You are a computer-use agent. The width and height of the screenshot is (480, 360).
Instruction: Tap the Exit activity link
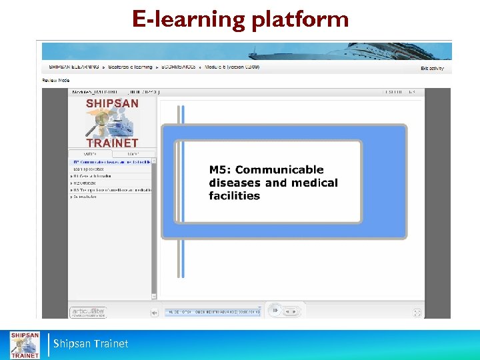(x=432, y=68)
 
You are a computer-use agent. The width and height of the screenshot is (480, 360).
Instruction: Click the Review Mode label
(x=56, y=80)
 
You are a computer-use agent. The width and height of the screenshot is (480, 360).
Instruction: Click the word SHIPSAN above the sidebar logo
(x=112, y=103)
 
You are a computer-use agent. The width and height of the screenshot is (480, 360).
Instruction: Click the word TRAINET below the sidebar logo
(x=112, y=143)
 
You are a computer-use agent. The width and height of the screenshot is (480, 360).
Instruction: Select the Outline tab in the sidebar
(x=90, y=153)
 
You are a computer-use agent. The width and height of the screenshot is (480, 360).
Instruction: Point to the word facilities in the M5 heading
(x=234, y=195)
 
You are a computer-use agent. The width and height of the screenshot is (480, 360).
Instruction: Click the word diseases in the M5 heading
(x=233, y=183)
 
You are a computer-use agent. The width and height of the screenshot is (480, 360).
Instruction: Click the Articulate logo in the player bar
(x=88, y=311)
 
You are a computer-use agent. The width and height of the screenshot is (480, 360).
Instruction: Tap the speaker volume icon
(x=155, y=312)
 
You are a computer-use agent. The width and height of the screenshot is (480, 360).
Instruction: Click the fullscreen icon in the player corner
(x=417, y=312)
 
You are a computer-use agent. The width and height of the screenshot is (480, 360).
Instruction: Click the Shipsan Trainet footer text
(x=92, y=344)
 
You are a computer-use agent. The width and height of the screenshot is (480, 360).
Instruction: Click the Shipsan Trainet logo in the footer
(x=24, y=345)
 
